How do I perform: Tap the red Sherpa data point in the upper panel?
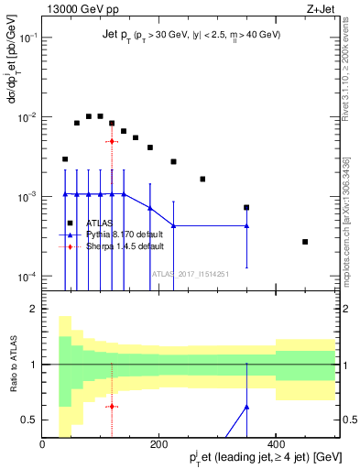112,141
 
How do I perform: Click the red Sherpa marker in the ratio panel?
112,406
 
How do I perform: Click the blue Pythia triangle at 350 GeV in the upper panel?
246,225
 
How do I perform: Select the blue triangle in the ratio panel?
246,406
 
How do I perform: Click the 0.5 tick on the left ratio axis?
28,420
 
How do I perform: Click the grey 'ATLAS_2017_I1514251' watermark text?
191,273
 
